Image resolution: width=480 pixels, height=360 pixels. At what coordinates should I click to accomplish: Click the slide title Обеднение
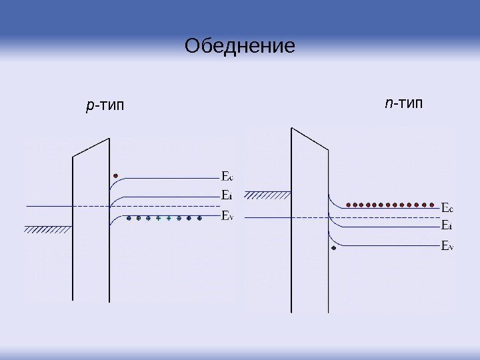tap(239, 47)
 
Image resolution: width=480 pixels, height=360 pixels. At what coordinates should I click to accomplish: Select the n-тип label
tap(404, 104)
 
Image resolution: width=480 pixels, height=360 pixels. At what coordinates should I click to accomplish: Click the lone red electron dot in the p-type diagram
tap(116, 176)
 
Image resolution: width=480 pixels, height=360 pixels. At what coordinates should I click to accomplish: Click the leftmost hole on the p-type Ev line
tap(129, 218)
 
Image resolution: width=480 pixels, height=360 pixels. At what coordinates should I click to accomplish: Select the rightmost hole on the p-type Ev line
tap(199, 218)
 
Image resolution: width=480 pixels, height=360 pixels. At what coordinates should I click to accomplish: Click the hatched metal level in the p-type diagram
tap(48, 229)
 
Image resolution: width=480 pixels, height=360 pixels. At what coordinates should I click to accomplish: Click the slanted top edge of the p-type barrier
tap(91, 147)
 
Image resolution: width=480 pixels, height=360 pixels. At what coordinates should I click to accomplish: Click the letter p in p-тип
tap(90, 106)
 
